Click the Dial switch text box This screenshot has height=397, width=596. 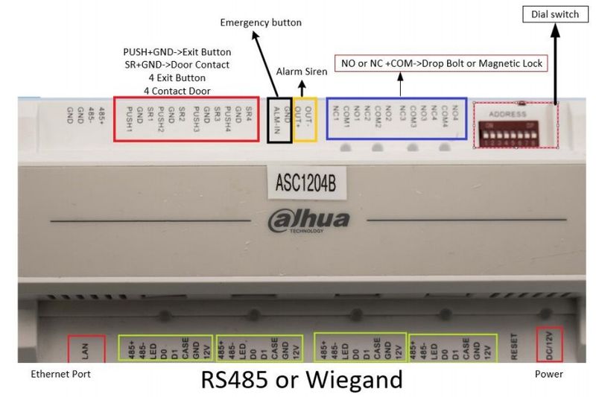point(554,14)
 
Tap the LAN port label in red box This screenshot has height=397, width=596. point(81,349)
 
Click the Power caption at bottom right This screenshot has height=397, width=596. point(548,374)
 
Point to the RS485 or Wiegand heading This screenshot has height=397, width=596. point(302,380)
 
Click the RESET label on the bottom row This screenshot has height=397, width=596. point(513,345)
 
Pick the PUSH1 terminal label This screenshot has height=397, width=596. point(129,120)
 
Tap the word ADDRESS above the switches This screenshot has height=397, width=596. point(507,115)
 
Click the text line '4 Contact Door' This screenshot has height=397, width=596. point(177,91)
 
